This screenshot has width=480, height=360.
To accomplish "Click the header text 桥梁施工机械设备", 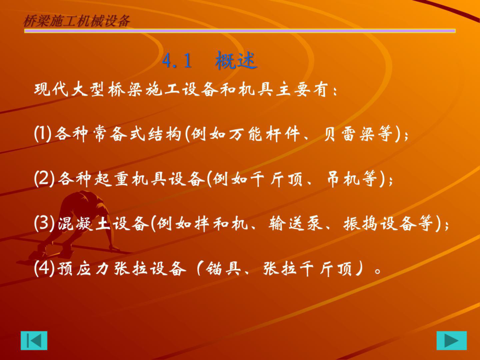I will [x=77, y=20].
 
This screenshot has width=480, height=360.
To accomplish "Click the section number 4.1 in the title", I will [x=177, y=61].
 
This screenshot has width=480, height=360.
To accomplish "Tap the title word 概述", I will [x=237, y=61].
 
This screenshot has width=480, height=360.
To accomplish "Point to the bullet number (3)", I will [x=43, y=224].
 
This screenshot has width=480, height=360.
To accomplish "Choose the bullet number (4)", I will [x=43, y=269].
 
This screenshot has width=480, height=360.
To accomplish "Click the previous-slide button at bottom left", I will [x=34, y=340].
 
